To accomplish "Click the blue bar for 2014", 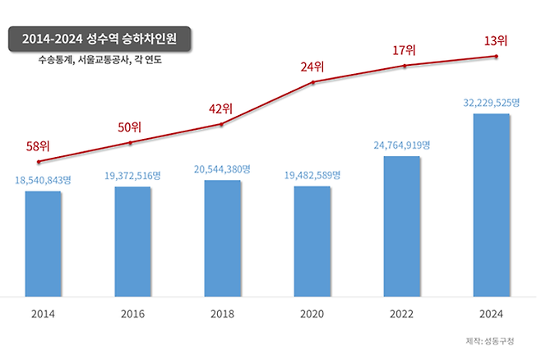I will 43,242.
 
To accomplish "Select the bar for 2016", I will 132,240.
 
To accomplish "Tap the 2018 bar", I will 222,237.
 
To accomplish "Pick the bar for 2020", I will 312,240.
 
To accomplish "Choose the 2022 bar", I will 402,225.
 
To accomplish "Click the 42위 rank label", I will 221,108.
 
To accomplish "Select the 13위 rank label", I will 496,40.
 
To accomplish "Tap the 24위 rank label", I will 312,67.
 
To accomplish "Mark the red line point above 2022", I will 405,66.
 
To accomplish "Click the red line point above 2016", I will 131,143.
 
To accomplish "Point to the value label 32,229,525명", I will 492,103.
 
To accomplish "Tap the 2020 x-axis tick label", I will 312,314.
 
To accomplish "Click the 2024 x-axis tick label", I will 492,314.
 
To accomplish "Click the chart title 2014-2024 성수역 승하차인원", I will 99,39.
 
